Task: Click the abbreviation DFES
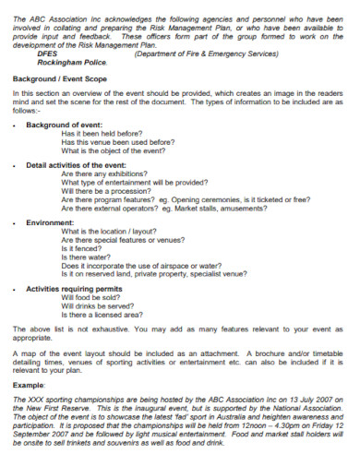[x=47, y=54]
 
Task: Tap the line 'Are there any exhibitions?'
[x=104, y=173]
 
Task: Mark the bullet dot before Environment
[x=16, y=222]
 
